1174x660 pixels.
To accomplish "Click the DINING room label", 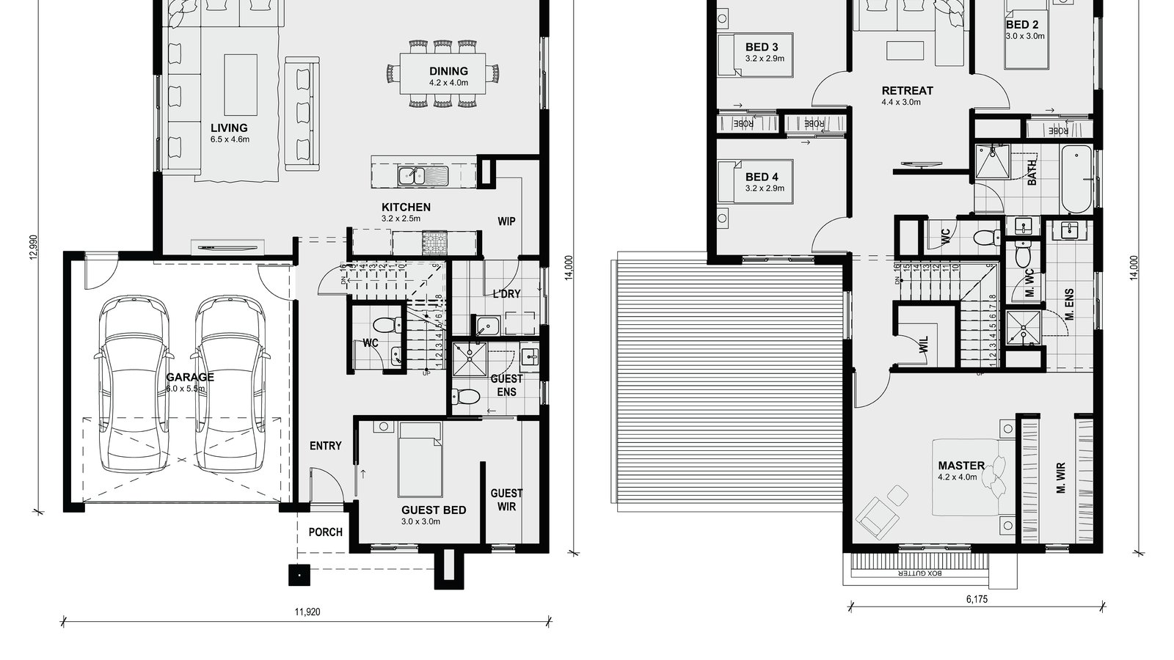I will (x=448, y=71).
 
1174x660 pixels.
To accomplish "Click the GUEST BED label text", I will (x=433, y=510).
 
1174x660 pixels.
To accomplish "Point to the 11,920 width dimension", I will (x=307, y=612).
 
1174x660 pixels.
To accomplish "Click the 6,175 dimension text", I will (x=977, y=599).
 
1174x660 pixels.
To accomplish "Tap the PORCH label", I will (x=325, y=532).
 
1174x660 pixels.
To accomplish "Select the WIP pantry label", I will (x=506, y=221).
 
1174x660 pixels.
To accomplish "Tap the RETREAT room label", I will (x=907, y=91).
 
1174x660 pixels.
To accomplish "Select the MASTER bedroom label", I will (x=960, y=465).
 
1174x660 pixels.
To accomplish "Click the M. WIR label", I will (x=1061, y=477).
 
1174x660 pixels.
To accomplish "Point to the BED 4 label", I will (x=761, y=177).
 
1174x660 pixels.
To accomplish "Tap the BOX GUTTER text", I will (x=924, y=574).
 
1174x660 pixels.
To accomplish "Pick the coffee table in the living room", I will (x=241, y=85).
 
